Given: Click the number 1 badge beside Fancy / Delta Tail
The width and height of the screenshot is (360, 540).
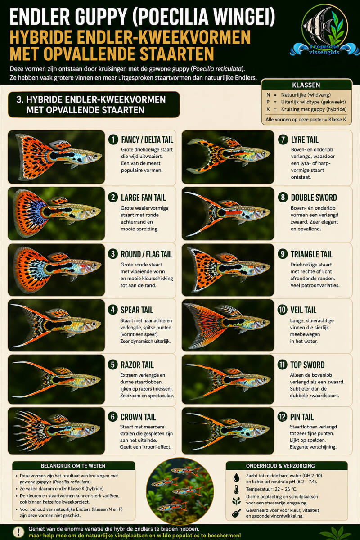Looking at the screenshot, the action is [x=113, y=140].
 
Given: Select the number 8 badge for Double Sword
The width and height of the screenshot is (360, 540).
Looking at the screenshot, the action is [x=283, y=198].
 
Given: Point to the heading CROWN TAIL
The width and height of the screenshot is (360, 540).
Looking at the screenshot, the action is [x=138, y=417].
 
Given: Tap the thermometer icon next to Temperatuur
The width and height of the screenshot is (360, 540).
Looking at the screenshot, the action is [x=236, y=489].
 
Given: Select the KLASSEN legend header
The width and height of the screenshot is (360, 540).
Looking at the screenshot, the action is [x=306, y=85].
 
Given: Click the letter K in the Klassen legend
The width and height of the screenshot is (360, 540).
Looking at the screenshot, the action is [x=268, y=109].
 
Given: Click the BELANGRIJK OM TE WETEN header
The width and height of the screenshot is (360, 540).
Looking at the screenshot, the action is [x=73, y=466].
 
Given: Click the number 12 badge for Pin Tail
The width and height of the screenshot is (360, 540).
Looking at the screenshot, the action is [x=282, y=417].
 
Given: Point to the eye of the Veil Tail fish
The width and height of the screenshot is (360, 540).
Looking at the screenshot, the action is [x=263, y=322].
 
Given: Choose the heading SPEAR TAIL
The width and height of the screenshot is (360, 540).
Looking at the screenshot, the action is [x=137, y=310].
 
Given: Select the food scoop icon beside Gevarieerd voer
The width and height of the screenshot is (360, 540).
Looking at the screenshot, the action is [x=236, y=513].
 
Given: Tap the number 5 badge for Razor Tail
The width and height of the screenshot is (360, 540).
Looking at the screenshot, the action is [x=112, y=365].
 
